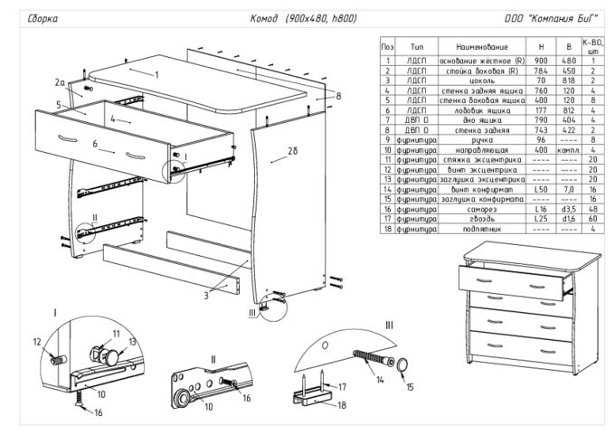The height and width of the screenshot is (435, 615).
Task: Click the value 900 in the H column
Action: click(540, 60)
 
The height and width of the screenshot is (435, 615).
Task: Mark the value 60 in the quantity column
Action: click(591, 219)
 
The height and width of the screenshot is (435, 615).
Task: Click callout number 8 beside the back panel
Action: click(337, 95)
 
